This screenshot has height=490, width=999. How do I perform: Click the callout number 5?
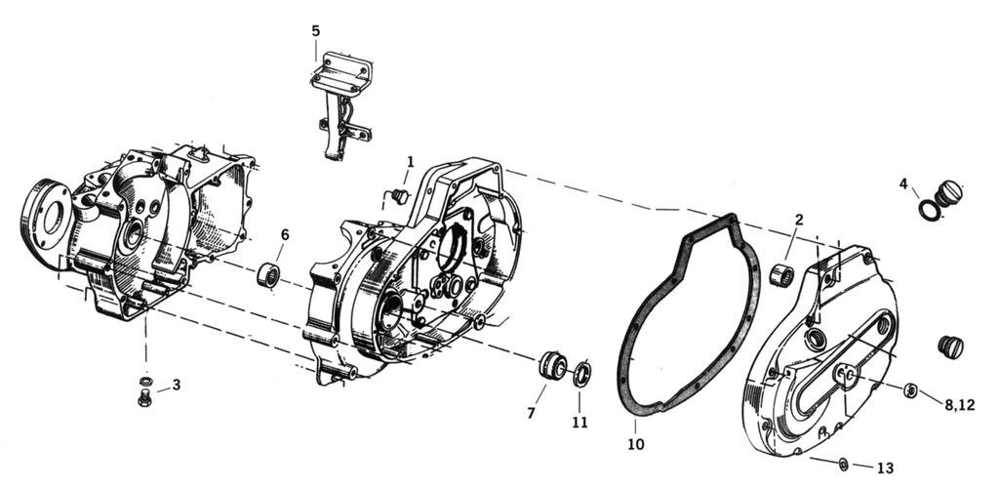tap(315, 30)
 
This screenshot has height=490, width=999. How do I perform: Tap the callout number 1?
tap(411, 161)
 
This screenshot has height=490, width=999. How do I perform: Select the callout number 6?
tap(285, 234)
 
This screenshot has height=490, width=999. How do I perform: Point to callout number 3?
tap(177, 385)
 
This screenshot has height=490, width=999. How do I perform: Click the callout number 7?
tap(531, 413)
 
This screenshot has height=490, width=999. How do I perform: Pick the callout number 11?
tap(580, 423)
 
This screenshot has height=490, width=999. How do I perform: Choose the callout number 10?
tap(635, 445)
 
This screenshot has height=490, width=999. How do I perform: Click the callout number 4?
tap(903, 183)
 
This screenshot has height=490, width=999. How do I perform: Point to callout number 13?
tap(885, 468)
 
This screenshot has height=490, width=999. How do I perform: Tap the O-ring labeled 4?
tap(931, 209)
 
